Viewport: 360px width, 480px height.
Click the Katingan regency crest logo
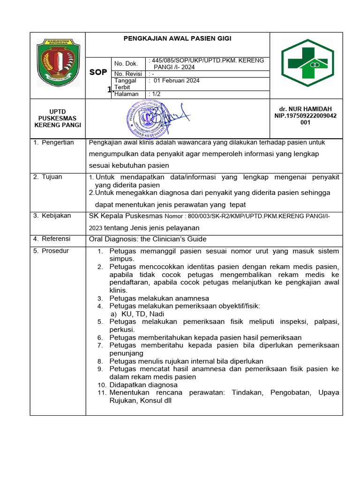click(58, 62)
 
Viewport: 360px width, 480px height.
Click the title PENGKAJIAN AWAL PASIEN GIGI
click(177, 39)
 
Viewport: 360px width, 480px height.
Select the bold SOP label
click(98, 72)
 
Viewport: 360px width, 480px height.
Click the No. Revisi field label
click(128, 74)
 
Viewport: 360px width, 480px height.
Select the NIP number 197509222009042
click(305, 116)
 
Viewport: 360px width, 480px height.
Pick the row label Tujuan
click(52, 177)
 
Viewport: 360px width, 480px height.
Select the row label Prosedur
click(55, 251)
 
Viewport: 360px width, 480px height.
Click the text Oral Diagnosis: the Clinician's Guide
click(148, 239)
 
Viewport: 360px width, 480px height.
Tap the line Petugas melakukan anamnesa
click(159, 298)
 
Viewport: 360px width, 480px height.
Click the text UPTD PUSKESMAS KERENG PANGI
click(58, 118)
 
